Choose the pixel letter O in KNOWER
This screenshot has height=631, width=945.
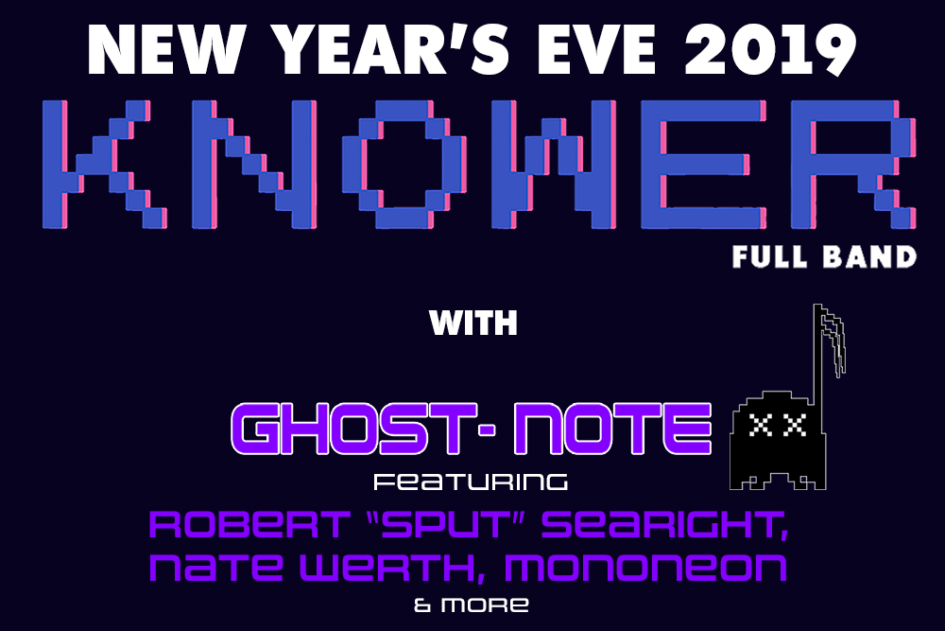pos(404,164)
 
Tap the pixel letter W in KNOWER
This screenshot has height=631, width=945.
pos(553,164)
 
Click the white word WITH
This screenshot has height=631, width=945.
pos(473,323)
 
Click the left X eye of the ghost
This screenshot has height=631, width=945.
pos(763,426)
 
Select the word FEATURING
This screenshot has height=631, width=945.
pos(471,482)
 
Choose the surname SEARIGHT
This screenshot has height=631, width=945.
pos(664,525)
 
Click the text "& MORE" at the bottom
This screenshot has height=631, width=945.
pos(472,605)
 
